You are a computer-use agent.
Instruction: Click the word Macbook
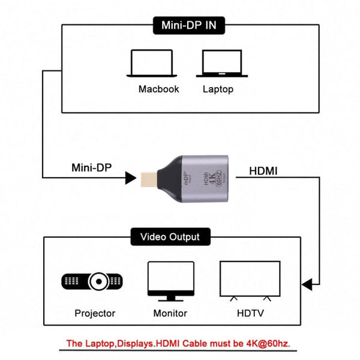pos(159,89)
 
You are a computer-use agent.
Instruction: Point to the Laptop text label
pos(218,89)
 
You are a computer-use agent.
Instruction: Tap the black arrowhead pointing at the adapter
pos(130,178)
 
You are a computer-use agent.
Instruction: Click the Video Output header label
pos(170,237)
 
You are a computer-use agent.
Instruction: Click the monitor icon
pos(170,280)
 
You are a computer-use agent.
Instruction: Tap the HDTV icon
pos(250,280)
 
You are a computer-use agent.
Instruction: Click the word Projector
pos(95,313)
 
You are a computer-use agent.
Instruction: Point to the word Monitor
pos(170,313)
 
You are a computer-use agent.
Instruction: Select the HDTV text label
pos(250,313)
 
